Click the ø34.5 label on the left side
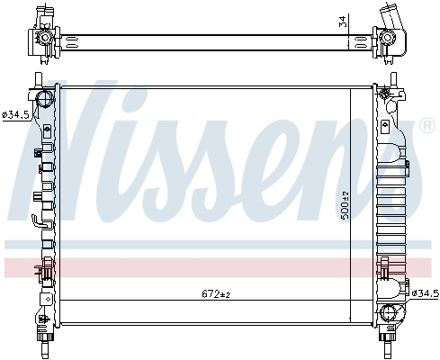[x=15, y=115]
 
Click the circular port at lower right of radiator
[x=389, y=312]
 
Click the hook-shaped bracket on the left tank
[x=35, y=221]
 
